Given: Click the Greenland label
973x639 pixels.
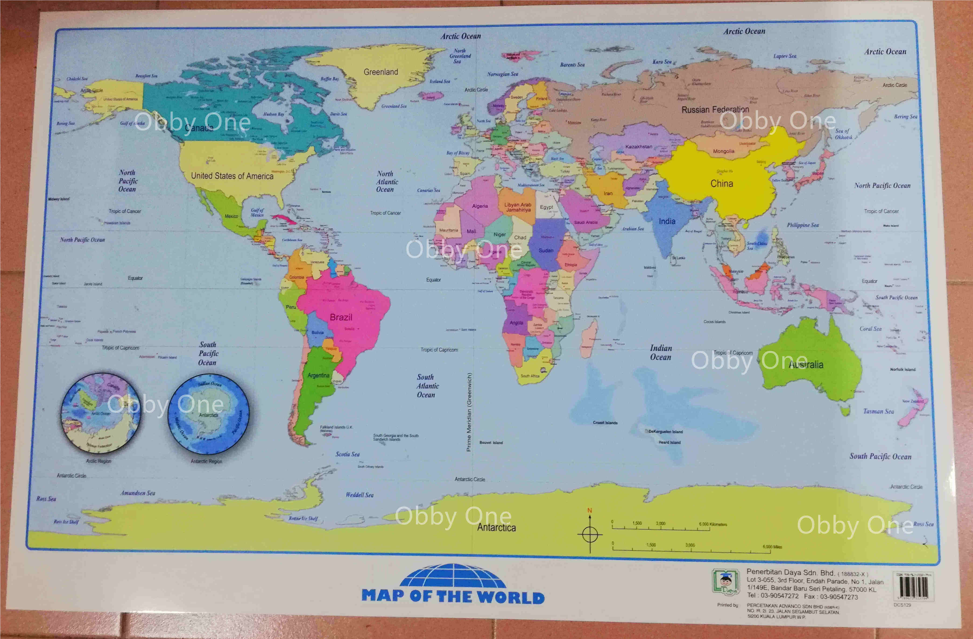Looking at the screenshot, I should click(x=381, y=72).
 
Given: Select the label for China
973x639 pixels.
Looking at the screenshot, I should click(x=722, y=184).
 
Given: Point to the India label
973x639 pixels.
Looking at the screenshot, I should click(x=667, y=221).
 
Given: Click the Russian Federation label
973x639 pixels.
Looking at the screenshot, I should click(x=715, y=110).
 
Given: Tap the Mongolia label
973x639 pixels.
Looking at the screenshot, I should click(x=724, y=151).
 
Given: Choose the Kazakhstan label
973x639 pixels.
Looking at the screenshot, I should click(x=638, y=146).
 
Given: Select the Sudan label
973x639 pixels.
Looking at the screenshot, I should click(x=546, y=250).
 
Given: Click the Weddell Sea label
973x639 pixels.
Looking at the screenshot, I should click(x=359, y=495).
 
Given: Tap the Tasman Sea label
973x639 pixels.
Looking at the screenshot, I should click(x=878, y=411).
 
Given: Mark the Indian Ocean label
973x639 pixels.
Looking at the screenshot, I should click(x=661, y=353).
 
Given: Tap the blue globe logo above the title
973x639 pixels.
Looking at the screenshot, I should click(x=453, y=576).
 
